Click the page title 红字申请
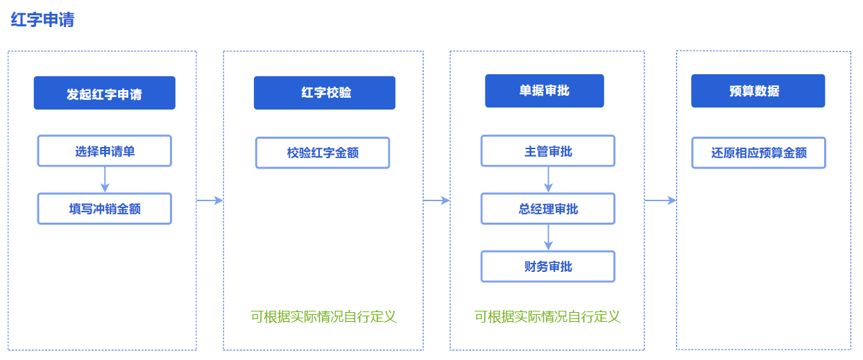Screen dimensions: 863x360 click(x=42, y=19)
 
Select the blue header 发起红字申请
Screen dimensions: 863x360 click(x=105, y=93)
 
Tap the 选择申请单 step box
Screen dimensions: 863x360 click(x=105, y=151)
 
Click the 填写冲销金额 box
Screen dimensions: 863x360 click(x=105, y=209)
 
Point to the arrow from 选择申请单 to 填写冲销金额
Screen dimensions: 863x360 click(x=105, y=180)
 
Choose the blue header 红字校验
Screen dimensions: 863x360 click(x=325, y=93)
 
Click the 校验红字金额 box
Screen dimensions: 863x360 click(x=323, y=153)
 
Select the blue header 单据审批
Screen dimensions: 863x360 click(x=545, y=91)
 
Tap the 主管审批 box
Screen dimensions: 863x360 click(x=548, y=151)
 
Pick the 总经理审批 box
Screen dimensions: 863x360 click(x=548, y=209)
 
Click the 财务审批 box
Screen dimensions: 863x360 click(x=548, y=266)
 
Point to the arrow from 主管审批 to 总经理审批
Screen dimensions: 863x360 click(x=548, y=180)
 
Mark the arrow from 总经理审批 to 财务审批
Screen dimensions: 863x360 click(x=548, y=237)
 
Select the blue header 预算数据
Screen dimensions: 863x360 click(x=758, y=91)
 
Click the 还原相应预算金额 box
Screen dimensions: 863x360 click(x=758, y=153)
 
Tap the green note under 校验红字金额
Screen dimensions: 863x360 click(x=323, y=316)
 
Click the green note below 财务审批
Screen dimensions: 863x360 click(x=547, y=316)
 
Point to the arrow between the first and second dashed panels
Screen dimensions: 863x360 click(x=210, y=200)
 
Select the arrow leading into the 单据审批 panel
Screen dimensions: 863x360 click(x=436, y=200)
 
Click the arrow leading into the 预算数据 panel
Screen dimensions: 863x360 click(x=660, y=200)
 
